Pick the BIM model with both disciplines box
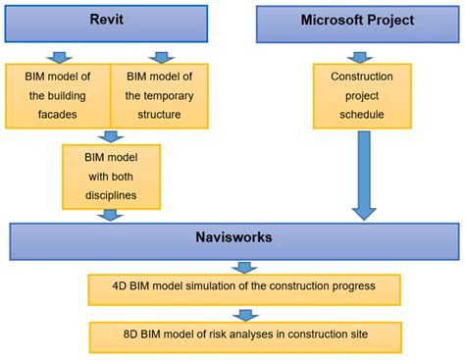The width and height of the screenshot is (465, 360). pos(110,177)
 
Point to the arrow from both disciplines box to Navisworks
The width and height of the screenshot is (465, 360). pos(112,214)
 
